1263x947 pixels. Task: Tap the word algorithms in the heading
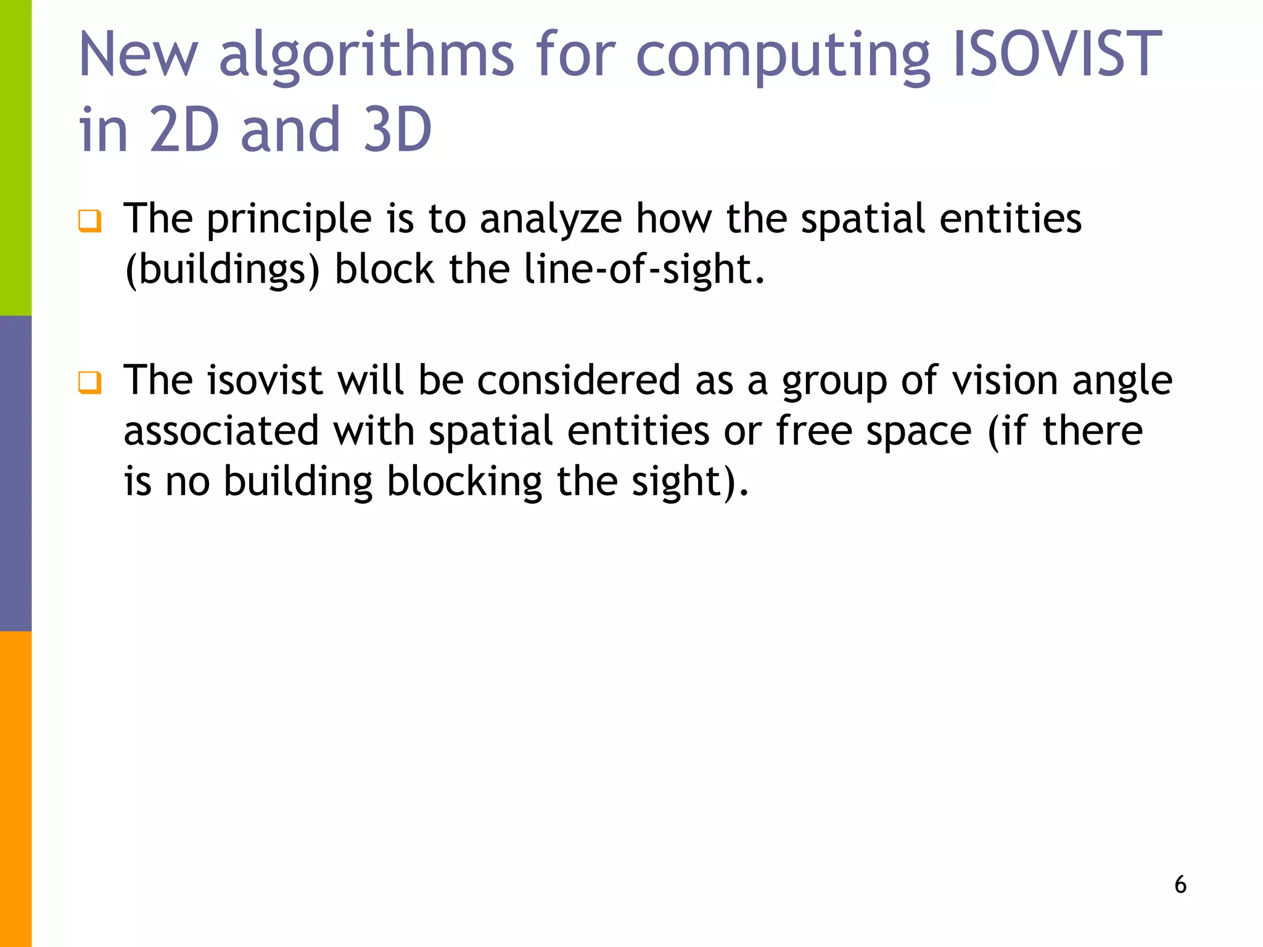366,57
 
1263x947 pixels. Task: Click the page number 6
1180,885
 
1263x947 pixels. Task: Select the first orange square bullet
89,221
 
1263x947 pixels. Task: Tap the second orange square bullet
89,382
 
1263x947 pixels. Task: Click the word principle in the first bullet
289,221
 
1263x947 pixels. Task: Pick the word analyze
551,221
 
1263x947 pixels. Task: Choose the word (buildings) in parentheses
223,270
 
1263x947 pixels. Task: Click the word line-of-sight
637,270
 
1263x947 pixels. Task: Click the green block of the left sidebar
15,158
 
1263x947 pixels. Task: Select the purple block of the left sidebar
15,473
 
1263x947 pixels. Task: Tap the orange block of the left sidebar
15,789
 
